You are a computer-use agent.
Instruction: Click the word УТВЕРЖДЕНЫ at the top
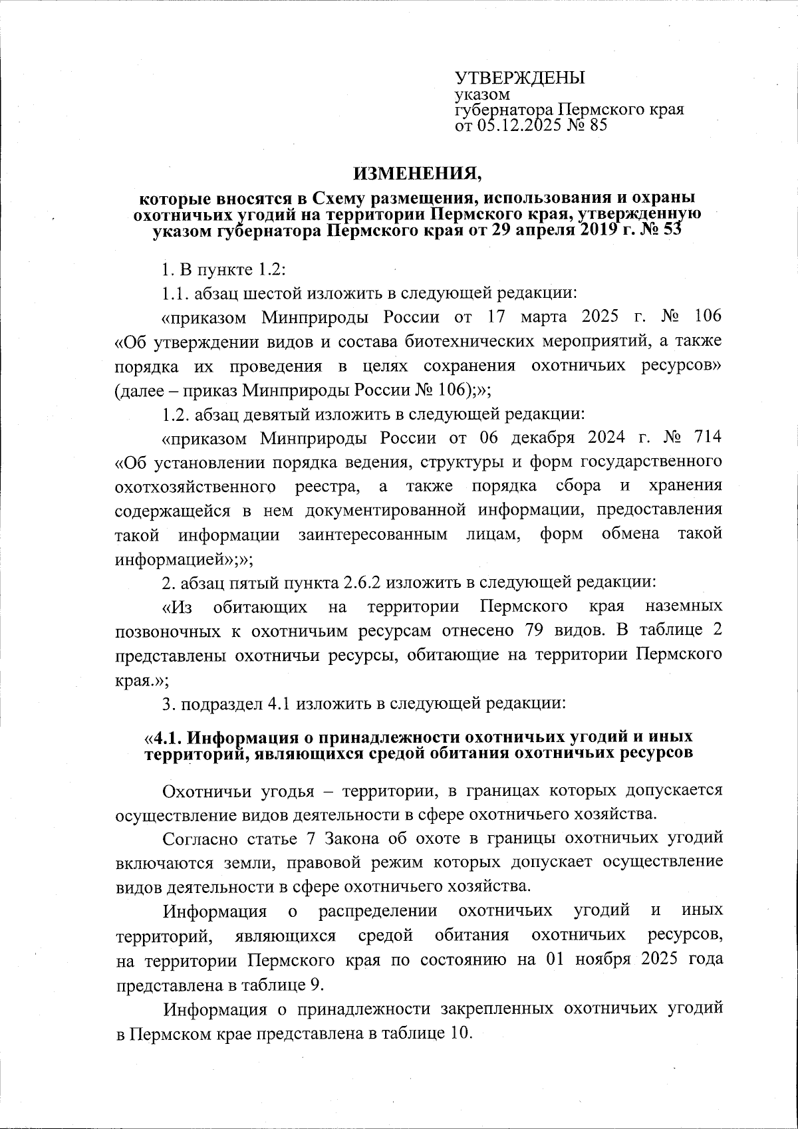point(519,77)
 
